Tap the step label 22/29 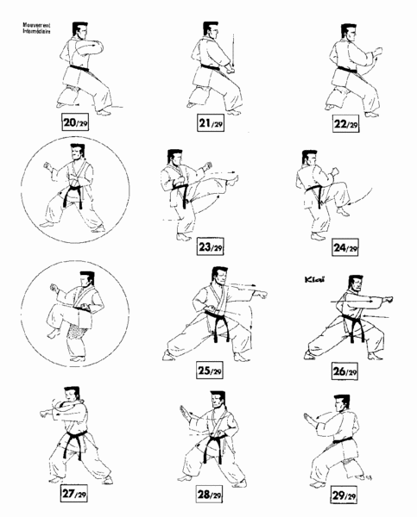(345, 123)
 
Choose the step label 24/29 (345, 248)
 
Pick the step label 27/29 (74, 495)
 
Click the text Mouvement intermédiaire (36, 30)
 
